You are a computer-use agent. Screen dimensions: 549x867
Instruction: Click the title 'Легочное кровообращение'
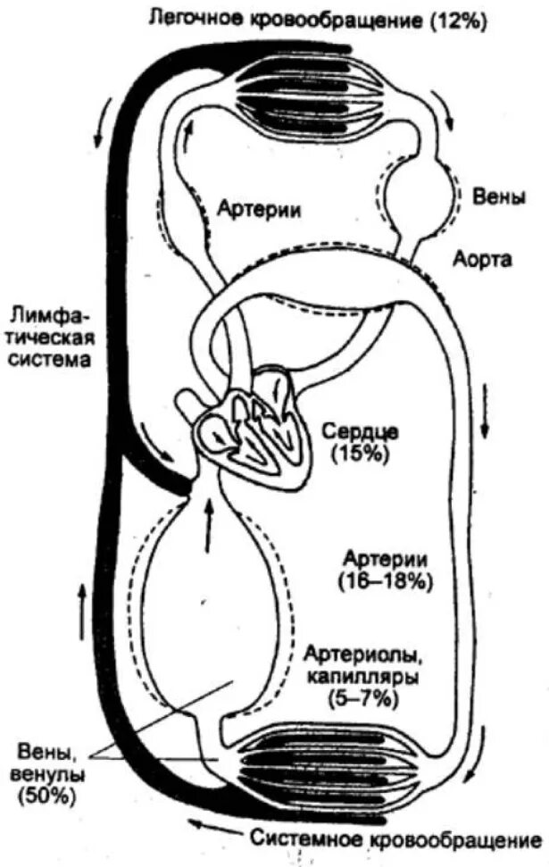[285, 20]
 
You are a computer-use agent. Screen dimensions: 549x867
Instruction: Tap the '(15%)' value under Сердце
[362, 454]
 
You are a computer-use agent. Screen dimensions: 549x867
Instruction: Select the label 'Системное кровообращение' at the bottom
[395, 840]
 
